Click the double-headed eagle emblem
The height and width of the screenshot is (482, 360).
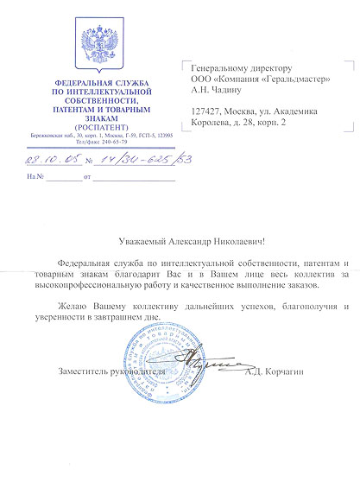coord(96,47)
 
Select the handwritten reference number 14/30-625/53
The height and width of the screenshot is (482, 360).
coord(130,159)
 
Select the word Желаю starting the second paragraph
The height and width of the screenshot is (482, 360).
coord(71,307)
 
